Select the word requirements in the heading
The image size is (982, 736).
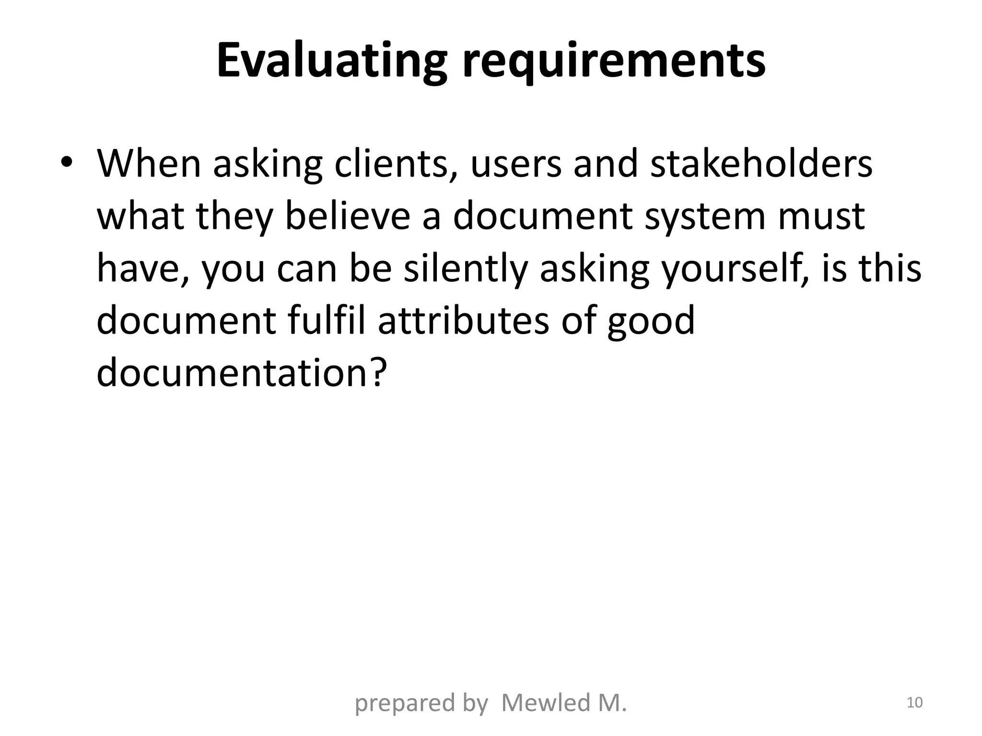coord(613,61)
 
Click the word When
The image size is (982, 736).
coord(149,164)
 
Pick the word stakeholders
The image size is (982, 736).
coord(761,164)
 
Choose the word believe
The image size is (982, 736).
coord(348,216)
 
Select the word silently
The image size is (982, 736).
coord(466,269)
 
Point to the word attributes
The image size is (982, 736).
coord(463,321)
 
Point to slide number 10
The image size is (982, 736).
coord(914,702)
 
